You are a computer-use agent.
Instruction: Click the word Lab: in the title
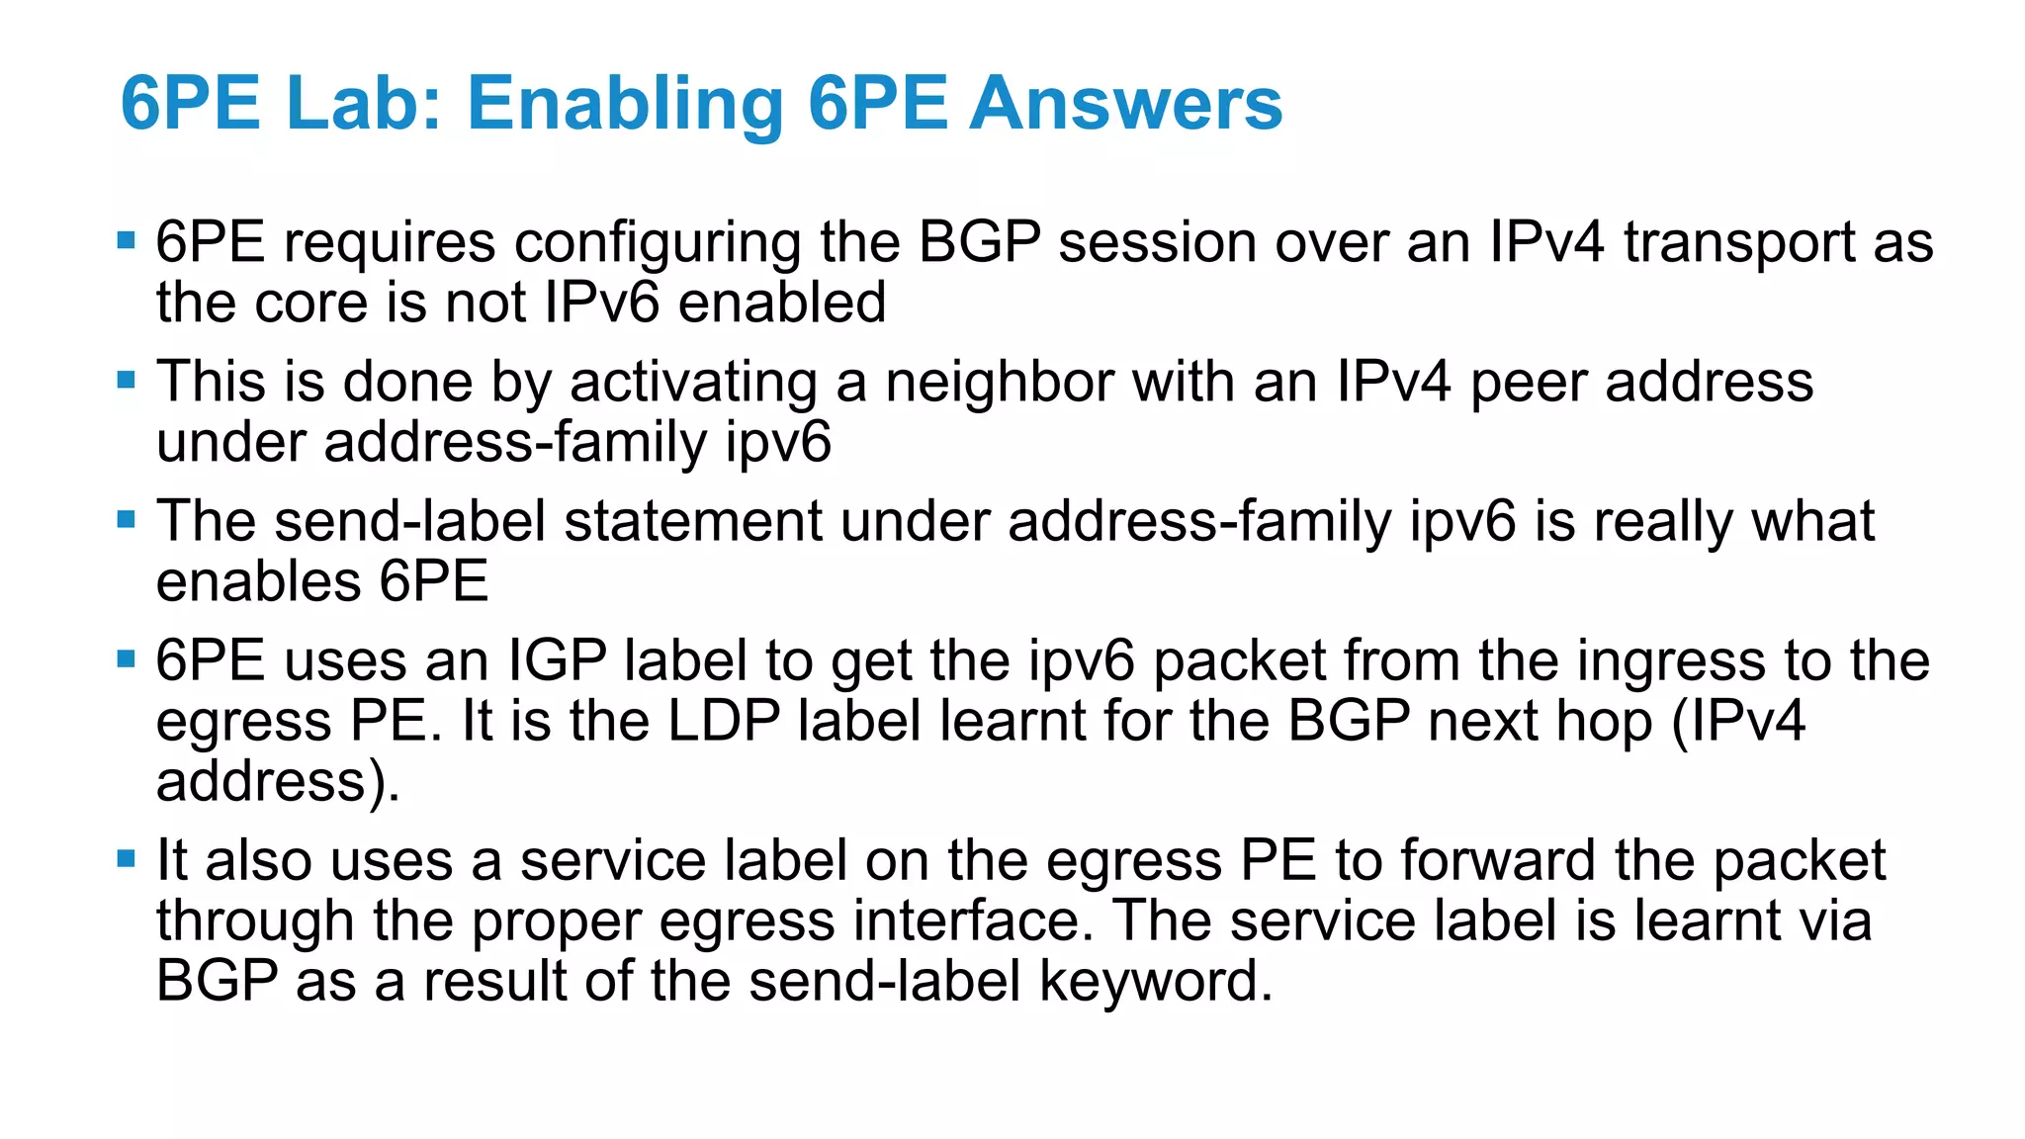363,103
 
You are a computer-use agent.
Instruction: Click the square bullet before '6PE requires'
126,240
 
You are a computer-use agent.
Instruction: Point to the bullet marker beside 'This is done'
126,380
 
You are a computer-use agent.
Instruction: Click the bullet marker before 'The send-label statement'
126,519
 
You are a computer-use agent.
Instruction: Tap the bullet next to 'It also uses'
126,858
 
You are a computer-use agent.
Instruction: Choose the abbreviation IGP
557,661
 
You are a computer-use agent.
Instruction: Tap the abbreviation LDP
724,721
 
